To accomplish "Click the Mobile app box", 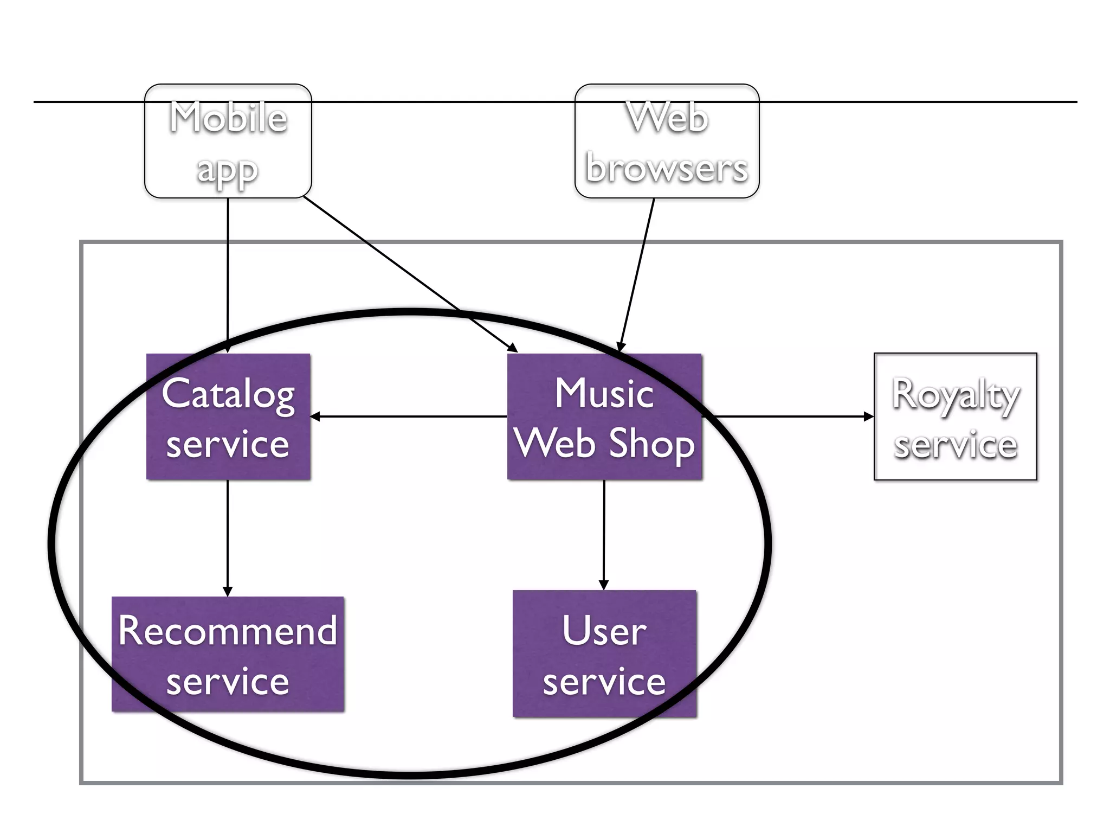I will [x=228, y=141].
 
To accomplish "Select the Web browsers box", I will [x=667, y=141].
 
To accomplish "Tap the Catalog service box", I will [x=228, y=416].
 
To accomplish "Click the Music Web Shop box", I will [x=604, y=416].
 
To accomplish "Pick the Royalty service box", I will [x=955, y=416].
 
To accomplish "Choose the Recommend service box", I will [x=228, y=654].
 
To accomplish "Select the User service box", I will [x=604, y=654].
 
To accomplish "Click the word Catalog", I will [x=228, y=394].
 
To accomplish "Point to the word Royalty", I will [x=956, y=395].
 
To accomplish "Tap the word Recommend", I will [x=228, y=631].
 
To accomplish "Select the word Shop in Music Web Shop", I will [x=651, y=444].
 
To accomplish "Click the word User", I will [x=604, y=631].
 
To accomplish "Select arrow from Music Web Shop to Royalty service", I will [x=789, y=416].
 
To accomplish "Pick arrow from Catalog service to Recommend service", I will [x=228, y=537].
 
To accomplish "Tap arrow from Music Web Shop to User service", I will [x=604, y=534].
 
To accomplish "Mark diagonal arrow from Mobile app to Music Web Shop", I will [x=409, y=274].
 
